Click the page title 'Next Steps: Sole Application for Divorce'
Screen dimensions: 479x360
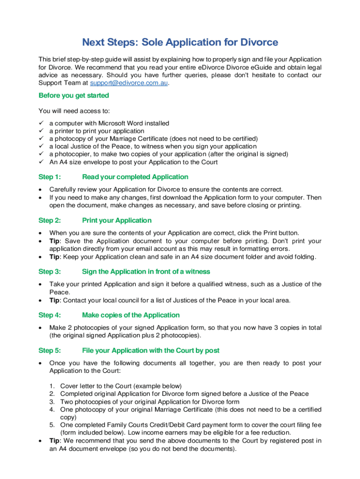coord(180,43)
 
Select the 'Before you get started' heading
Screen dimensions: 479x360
coord(73,95)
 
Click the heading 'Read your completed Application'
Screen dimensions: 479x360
coord(135,177)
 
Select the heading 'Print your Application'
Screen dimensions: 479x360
coord(116,220)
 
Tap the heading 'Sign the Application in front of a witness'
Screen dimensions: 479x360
coord(146,271)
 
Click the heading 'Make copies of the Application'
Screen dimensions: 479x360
coord(130,315)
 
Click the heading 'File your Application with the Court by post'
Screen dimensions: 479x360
coord(151,350)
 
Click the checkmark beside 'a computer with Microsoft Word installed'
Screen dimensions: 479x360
coord(41,123)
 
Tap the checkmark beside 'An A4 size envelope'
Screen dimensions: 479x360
coord(41,162)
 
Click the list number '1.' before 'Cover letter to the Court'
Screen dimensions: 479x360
coord(52,386)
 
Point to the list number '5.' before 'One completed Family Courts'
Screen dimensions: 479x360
coord(52,425)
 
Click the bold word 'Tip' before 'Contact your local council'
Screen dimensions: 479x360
coord(55,300)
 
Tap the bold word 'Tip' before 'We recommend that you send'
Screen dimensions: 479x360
coord(55,441)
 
